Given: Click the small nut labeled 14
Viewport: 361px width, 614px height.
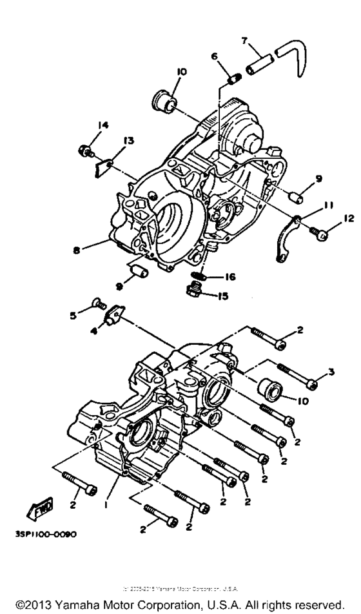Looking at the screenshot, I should click(83, 151).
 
